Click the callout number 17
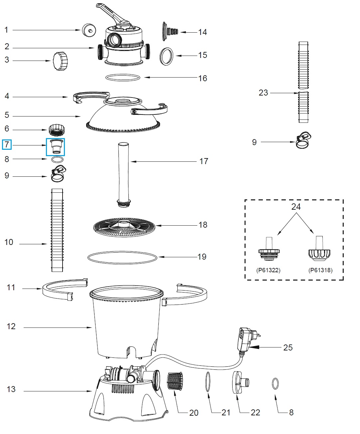tap(204, 161)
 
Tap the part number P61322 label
tap(268, 270)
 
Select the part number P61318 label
tap(320, 270)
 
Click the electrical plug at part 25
tap(246, 338)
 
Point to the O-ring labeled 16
tap(123, 78)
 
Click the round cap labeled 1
tap(88, 30)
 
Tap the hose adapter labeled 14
tap(169, 32)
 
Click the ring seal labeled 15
tap(167, 56)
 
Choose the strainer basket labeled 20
tap(175, 382)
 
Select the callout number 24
tap(296, 207)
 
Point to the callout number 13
tap(11, 389)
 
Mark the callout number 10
tap(9, 242)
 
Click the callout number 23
tap(263, 93)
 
